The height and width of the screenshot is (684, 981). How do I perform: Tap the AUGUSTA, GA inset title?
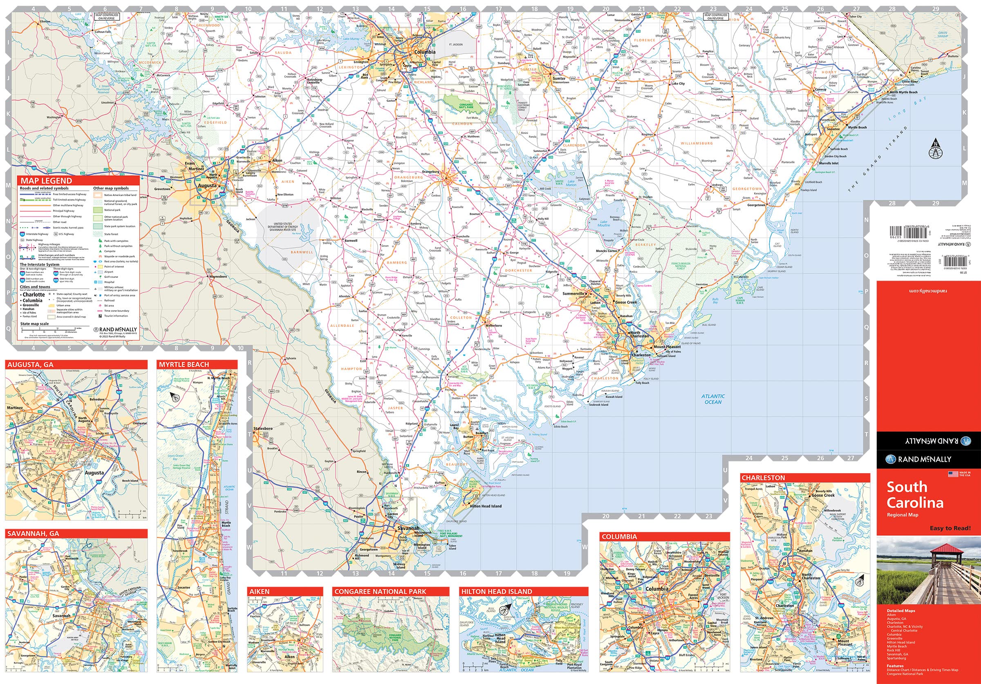coord(29,364)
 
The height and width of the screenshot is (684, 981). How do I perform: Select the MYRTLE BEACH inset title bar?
coord(184,364)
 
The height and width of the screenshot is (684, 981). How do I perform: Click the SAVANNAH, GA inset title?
coord(32,534)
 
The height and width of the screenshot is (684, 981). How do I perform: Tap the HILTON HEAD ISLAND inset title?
coord(497,591)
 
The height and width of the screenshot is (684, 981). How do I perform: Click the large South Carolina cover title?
coord(915,495)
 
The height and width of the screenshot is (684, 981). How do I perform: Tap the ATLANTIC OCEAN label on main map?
coord(713,399)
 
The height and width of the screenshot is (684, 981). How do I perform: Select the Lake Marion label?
coord(571,183)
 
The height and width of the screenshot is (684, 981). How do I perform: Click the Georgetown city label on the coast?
coord(756,205)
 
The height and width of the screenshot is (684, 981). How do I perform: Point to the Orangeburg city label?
coord(431,172)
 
